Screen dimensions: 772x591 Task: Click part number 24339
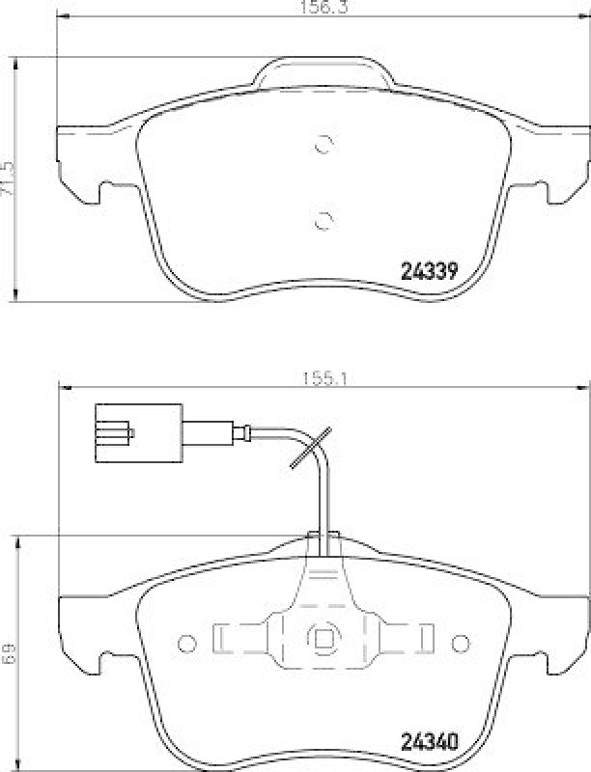(x=428, y=271)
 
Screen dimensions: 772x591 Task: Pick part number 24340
(x=428, y=744)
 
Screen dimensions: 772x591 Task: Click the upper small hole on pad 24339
(x=324, y=146)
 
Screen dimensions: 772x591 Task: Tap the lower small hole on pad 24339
(x=324, y=219)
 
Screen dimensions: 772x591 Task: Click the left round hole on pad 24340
(x=185, y=639)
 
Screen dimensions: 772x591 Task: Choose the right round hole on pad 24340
(x=460, y=639)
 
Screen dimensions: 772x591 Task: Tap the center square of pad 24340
(x=322, y=638)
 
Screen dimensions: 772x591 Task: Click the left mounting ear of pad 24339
(x=80, y=164)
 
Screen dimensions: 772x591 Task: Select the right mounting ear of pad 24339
(x=566, y=164)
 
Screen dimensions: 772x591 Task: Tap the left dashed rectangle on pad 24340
(x=235, y=638)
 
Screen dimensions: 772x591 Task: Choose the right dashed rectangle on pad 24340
(x=410, y=638)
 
